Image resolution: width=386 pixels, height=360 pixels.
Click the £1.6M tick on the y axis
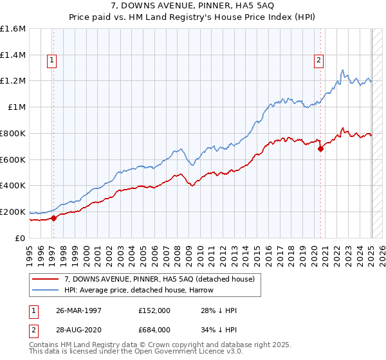click(13, 29)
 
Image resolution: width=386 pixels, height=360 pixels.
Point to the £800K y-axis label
click(13, 133)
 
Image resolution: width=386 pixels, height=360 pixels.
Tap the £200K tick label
click(13, 212)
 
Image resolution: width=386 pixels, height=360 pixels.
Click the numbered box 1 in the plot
click(51, 61)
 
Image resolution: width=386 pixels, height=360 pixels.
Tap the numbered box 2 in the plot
click(318, 61)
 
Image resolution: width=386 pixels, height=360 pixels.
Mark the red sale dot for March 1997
click(53, 218)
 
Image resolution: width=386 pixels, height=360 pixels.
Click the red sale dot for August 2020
click(320, 148)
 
